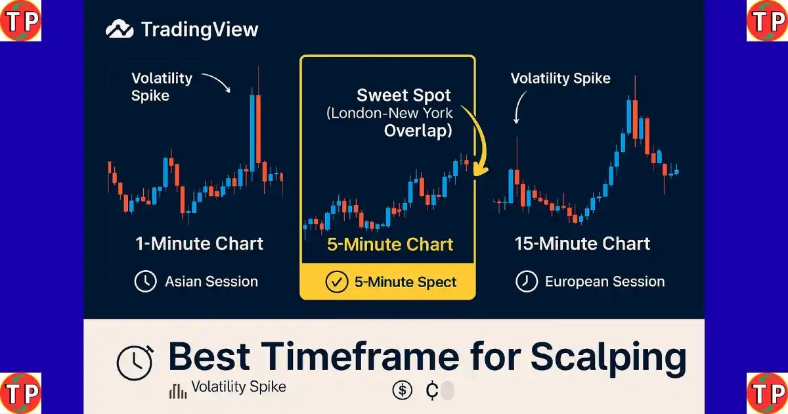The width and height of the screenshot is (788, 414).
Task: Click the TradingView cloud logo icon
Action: (x=120, y=29)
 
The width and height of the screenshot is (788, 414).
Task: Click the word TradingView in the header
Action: (x=200, y=30)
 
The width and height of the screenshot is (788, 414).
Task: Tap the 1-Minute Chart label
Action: (x=200, y=244)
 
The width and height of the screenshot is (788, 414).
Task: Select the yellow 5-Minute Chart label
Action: (x=390, y=244)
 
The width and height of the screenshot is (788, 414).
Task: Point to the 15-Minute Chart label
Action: (x=582, y=244)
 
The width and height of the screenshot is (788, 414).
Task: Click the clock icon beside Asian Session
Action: (x=145, y=281)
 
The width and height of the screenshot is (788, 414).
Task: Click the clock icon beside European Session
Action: (x=527, y=281)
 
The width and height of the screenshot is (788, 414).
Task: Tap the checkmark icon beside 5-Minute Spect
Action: (x=337, y=282)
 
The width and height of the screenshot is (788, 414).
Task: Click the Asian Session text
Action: (x=211, y=282)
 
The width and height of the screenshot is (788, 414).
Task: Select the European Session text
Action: (x=605, y=282)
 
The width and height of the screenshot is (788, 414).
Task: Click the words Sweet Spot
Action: (x=404, y=95)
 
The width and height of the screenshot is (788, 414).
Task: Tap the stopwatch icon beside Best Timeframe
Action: (x=135, y=363)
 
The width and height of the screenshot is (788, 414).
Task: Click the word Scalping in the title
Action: (x=608, y=357)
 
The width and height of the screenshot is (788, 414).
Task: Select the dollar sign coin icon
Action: (x=402, y=390)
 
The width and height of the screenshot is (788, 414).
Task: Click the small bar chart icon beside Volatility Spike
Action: (x=178, y=391)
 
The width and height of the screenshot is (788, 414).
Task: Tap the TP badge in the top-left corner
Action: (x=20, y=20)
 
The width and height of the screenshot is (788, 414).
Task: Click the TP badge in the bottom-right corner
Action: (x=767, y=393)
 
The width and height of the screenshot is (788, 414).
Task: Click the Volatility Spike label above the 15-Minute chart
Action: (x=560, y=78)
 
